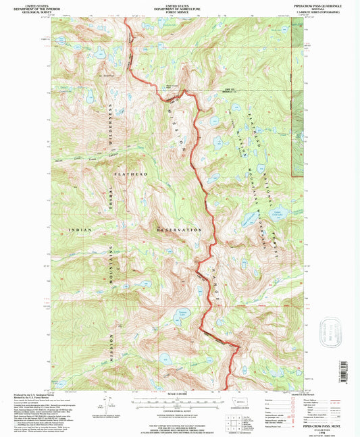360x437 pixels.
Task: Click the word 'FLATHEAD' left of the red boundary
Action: click(x=130, y=175)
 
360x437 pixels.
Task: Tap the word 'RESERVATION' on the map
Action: click(x=178, y=230)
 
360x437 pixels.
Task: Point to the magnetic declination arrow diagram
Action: click(x=101, y=405)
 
